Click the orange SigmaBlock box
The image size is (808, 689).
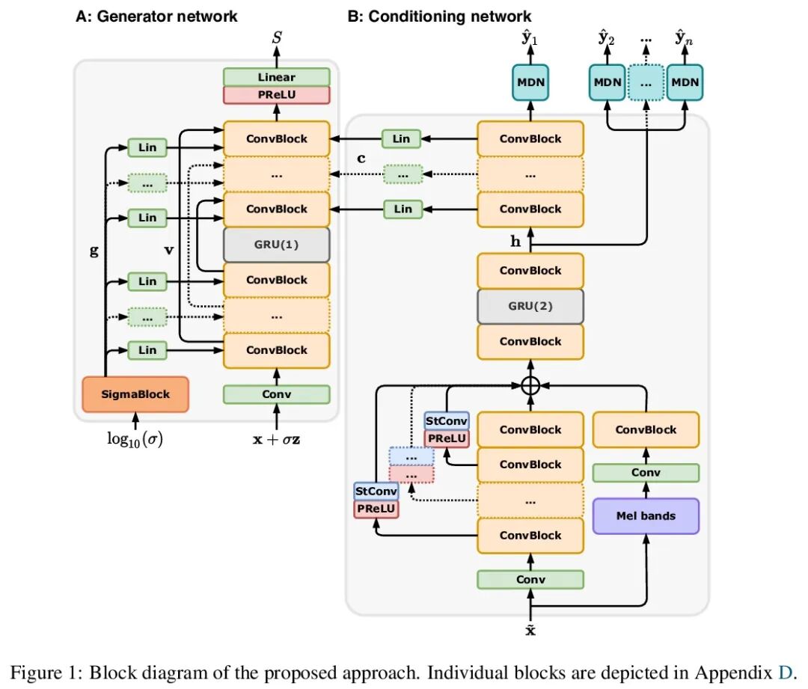(x=135, y=394)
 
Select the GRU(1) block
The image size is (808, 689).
(x=277, y=245)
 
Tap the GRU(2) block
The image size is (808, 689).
(x=530, y=306)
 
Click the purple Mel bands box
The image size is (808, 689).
(x=646, y=515)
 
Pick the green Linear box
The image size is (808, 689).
(x=277, y=77)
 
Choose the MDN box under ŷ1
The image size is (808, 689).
(x=530, y=82)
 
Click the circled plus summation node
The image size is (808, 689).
(x=530, y=386)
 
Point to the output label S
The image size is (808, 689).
(x=277, y=36)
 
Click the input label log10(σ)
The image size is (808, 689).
(x=135, y=439)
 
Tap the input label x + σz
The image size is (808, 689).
(x=277, y=440)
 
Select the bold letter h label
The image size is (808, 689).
(x=515, y=242)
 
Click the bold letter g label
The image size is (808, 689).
(x=94, y=251)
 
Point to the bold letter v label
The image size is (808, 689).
(x=169, y=251)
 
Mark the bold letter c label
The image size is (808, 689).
(x=361, y=159)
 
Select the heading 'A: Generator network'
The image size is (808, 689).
(x=156, y=16)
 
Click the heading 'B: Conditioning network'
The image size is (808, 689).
(x=440, y=16)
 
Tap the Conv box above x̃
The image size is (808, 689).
(x=530, y=579)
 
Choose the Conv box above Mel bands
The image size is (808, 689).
(x=646, y=473)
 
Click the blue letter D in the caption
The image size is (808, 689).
(x=784, y=673)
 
